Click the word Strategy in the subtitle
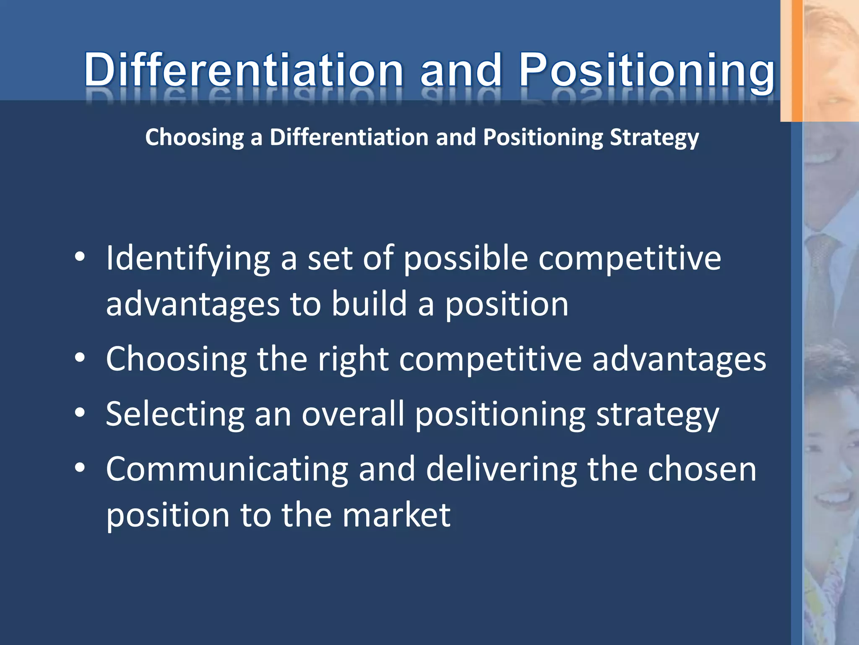tap(654, 138)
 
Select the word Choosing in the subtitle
tap(194, 138)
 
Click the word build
tap(369, 304)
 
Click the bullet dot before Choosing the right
tap(80, 358)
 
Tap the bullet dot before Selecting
tap(80, 413)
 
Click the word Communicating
tap(227, 469)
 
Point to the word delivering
tap(501, 469)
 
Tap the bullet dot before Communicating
tap(80, 467)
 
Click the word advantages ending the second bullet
tap(679, 359)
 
